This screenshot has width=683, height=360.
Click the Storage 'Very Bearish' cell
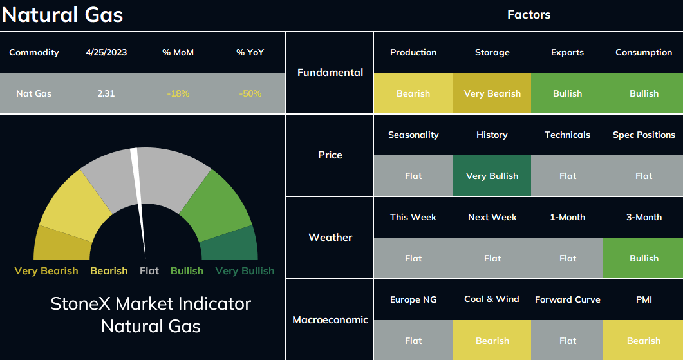492,93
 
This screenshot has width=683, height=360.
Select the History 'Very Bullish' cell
492,176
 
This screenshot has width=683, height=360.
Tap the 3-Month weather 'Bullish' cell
643,258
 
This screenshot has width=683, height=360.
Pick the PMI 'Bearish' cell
643,341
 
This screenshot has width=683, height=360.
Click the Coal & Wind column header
492,299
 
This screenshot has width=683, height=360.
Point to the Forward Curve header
568,299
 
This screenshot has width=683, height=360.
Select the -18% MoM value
178,93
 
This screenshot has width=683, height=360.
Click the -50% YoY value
250,93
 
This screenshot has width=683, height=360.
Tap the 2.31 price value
106,93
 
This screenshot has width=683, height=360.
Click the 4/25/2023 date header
106,52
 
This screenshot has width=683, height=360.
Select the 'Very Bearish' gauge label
46,270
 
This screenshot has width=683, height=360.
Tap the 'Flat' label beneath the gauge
149,270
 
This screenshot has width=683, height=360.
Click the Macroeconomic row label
330,320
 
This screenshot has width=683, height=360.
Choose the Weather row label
330,237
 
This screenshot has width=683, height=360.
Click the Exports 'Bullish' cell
567,93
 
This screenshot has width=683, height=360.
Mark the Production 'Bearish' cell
413,93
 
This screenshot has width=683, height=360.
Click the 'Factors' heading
529,14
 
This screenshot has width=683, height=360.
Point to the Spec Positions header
644,135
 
